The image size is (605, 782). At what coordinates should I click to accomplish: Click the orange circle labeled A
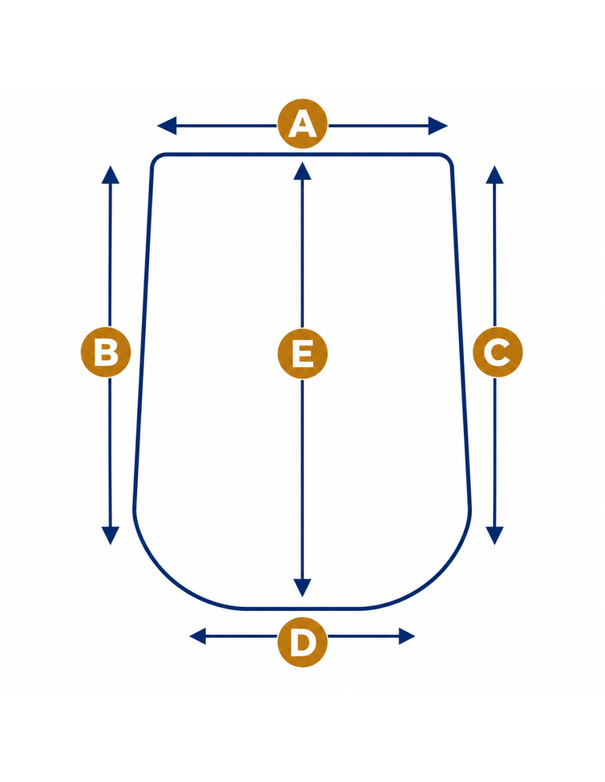click(x=302, y=123)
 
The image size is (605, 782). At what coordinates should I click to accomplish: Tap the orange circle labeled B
click(x=106, y=351)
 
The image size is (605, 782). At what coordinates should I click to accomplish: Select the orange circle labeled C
click(x=497, y=351)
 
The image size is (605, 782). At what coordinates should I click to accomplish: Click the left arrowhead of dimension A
click(x=167, y=125)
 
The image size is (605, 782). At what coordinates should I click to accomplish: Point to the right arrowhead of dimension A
click(x=438, y=125)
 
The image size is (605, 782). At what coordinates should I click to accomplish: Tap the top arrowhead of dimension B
click(x=110, y=175)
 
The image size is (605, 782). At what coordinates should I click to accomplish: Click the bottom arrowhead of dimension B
click(x=110, y=536)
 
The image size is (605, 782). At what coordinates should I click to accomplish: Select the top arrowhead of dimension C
click(x=494, y=175)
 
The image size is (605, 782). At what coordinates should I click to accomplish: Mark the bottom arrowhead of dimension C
click(x=494, y=536)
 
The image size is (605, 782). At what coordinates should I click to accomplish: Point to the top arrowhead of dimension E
click(x=302, y=171)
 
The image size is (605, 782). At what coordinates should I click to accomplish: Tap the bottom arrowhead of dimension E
click(x=302, y=588)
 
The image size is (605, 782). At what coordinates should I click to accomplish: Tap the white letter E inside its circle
click(x=302, y=353)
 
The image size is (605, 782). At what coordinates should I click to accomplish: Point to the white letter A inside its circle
click(x=302, y=124)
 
